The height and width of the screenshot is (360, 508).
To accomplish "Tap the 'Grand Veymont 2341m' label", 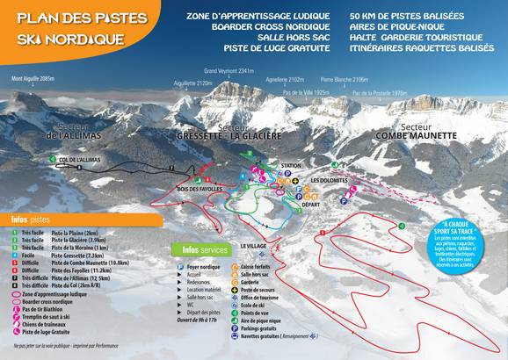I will pyautogui.click(x=229, y=70).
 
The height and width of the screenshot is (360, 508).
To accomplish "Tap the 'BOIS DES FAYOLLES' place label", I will pyautogui.click(x=200, y=190).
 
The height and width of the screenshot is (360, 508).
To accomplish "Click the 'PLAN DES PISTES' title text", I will pyautogui.click(x=68, y=18).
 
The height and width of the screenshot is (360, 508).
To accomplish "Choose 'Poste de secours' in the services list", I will pyautogui.click(x=283, y=289).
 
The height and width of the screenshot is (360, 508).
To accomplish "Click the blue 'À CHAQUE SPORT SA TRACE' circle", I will pyautogui.click(x=457, y=243).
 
